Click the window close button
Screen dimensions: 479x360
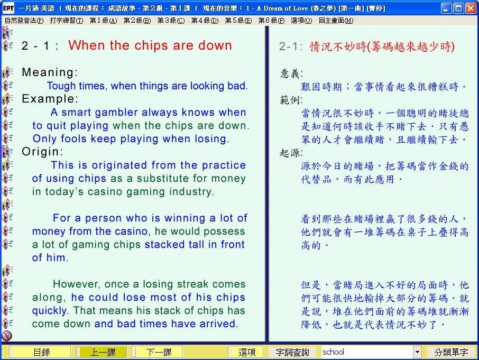coord(471,8)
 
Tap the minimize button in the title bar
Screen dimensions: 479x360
coord(446,8)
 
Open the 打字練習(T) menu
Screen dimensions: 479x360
coord(66,21)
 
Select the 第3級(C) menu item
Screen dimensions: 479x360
coord(171,21)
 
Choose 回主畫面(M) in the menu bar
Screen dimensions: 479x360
coord(336,21)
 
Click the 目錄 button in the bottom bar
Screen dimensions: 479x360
coord(41,352)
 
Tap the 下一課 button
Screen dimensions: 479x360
coord(158,352)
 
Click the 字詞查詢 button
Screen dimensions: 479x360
coord(292,352)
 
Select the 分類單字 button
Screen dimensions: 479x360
coord(451,352)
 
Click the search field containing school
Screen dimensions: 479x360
coord(367,352)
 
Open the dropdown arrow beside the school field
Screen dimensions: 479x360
coord(417,352)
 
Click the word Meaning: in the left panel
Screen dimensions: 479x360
coord(50,72)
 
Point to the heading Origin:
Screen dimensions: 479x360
coord(42,151)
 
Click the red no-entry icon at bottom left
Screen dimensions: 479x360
coord(6,336)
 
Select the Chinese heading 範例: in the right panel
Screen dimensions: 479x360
coord(291,100)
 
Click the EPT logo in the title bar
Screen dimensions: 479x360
coord(8,8)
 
